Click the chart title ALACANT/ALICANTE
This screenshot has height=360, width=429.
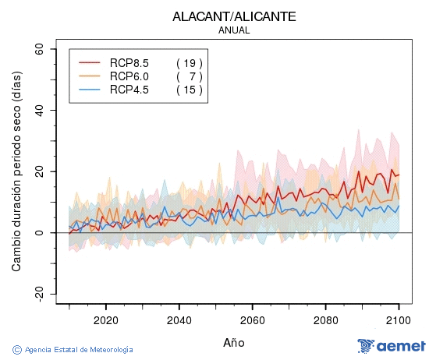click(x=235, y=16)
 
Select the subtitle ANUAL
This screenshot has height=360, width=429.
click(x=235, y=30)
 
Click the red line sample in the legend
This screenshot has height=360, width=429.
click(x=90, y=62)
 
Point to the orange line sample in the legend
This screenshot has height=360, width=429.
click(x=90, y=76)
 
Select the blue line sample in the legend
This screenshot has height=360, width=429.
click(x=90, y=90)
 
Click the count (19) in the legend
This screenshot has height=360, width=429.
click(x=190, y=62)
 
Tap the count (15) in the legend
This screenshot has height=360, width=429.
click(x=190, y=90)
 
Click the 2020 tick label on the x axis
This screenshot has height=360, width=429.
click(x=105, y=319)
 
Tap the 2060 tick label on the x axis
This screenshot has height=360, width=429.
click(x=252, y=319)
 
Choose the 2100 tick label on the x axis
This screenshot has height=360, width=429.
click(x=399, y=319)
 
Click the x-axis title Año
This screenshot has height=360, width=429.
click(x=234, y=342)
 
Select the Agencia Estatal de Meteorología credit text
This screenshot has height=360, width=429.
click(x=73, y=350)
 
